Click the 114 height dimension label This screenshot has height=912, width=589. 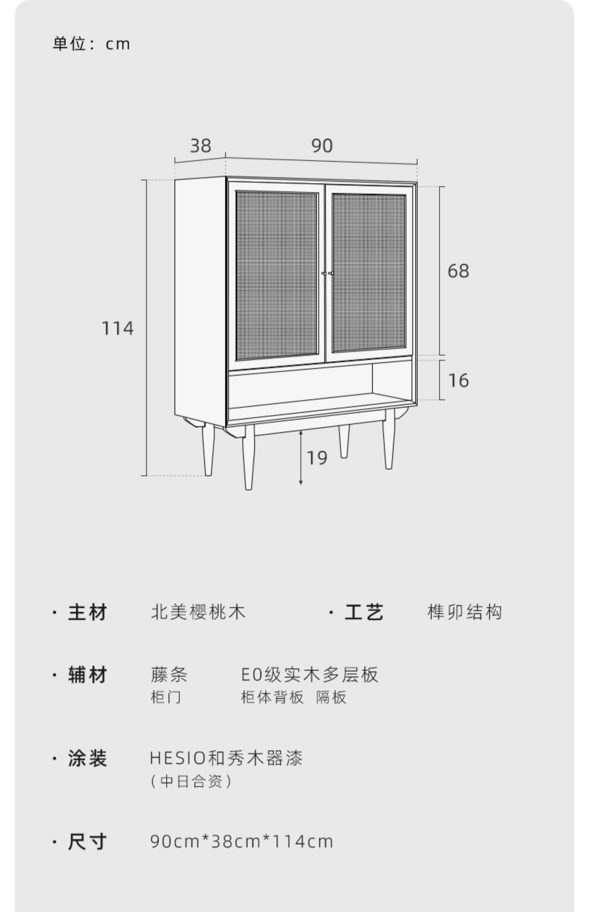coord(117,328)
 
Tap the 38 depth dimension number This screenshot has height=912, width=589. coord(201,146)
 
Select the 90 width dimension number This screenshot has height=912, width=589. coord(322,146)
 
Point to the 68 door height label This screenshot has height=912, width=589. coord(458,271)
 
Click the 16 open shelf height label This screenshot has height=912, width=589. coord(458,381)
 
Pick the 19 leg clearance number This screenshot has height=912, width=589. coord(317,458)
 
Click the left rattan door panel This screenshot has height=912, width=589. coord(277,275)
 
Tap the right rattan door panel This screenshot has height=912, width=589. coord(369,272)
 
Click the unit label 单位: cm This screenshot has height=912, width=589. coord(91,44)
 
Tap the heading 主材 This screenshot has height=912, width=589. coord(87,612)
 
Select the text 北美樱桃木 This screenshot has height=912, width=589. coord(198,612)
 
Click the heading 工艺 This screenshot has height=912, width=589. coord(364,612)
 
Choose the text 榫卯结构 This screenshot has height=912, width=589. coord(465,612)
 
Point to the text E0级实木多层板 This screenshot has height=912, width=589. coord(309,675)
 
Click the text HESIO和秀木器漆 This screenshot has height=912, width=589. coord(226,758)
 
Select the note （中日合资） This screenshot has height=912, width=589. coord(191,782)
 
